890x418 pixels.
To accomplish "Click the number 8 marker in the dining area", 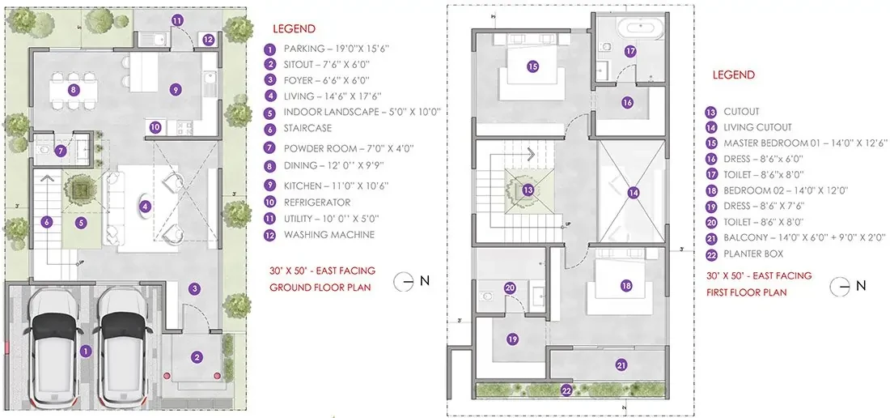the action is point(73,89).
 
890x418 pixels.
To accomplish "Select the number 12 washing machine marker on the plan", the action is point(208,40).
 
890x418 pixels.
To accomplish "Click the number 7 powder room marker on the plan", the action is point(61,151).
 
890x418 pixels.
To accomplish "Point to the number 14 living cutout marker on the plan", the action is point(634,193).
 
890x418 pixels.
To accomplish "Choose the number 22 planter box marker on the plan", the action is point(566,390).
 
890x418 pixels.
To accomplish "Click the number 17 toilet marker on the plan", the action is point(630,51).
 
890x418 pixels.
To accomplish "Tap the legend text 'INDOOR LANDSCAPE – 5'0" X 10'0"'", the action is point(362,112).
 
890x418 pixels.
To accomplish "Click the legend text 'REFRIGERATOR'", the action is point(317,203).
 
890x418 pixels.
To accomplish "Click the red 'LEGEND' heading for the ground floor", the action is point(294,29).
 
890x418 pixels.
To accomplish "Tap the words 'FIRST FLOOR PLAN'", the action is point(747,292).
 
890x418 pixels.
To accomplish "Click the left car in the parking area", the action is point(54,347).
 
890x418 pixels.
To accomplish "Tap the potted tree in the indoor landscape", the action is point(81,187).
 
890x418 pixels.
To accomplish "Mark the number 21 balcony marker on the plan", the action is point(621,366).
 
